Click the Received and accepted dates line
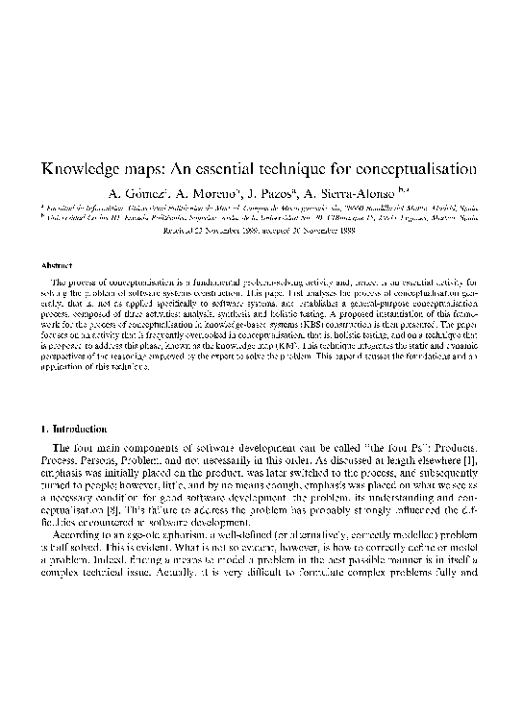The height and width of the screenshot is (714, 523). tap(261, 231)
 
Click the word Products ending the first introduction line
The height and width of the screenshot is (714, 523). tap(455, 446)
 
